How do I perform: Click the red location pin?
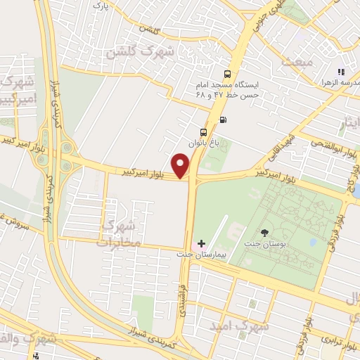(181, 166)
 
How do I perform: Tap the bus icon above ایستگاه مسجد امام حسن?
(227, 75)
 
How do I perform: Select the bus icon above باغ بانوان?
(204, 131)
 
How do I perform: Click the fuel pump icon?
(223, 119)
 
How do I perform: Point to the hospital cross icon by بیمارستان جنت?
(201, 243)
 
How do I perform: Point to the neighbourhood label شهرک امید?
(239, 326)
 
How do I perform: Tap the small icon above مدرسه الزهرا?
(341, 71)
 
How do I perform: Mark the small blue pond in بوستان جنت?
(312, 242)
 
